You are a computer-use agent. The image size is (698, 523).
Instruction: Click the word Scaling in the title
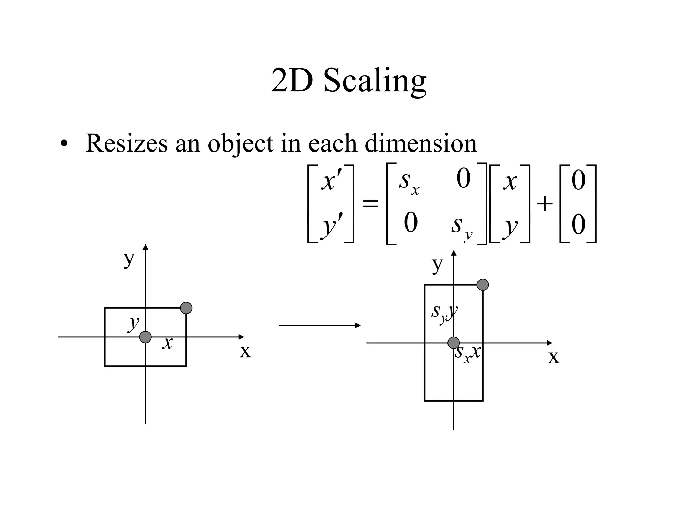pyautogui.click(x=375, y=81)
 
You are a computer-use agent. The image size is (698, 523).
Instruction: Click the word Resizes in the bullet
pyautogui.click(x=126, y=143)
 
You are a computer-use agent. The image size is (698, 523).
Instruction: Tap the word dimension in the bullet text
pyautogui.click(x=421, y=143)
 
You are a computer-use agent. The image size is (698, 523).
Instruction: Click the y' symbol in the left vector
pyautogui.click(x=331, y=225)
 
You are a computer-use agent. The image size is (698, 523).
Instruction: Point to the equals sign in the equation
pyautogui.click(x=370, y=204)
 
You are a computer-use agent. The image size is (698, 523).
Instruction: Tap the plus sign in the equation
pyautogui.click(x=545, y=204)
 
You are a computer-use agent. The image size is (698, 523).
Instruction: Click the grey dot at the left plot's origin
pyautogui.click(x=146, y=337)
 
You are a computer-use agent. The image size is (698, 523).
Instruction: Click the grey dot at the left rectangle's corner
pyautogui.click(x=186, y=308)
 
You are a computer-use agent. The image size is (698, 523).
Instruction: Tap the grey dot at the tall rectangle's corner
pyautogui.click(x=483, y=285)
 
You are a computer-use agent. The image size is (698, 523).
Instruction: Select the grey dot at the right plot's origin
pyautogui.click(x=453, y=343)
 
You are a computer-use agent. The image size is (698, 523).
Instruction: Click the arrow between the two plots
pyautogui.click(x=319, y=326)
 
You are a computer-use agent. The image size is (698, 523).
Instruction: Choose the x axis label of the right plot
pyautogui.click(x=553, y=357)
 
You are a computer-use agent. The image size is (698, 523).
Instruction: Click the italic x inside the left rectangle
pyautogui.click(x=167, y=343)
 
